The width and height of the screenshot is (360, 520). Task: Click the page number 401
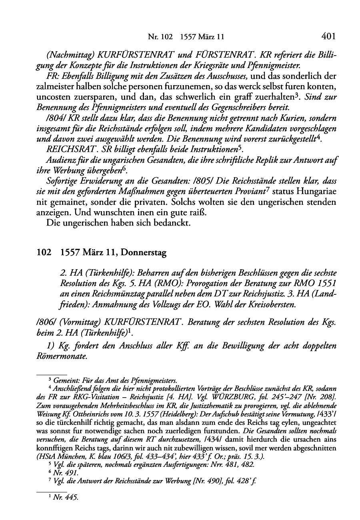[328, 37]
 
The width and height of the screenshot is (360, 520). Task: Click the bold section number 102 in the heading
[43, 253]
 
